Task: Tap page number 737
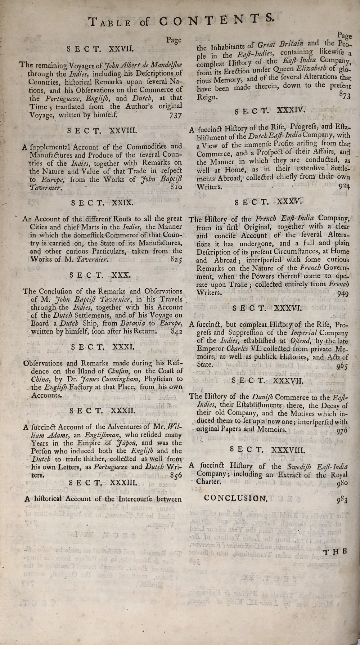pyautogui.click(x=175, y=115)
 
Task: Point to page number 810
pyautogui.click(x=176, y=187)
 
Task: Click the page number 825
pyautogui.click(x=176, y=259)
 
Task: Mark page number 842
pyautogui.click(x=177, y=331)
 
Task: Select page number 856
pyautogui.click(x=176, y=475)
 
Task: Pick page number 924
pyautogui.click(x=344, y=187)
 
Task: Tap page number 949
pyautogui.click(x=343, y=293)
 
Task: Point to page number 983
pyautogui.click(x=342, y=500)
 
